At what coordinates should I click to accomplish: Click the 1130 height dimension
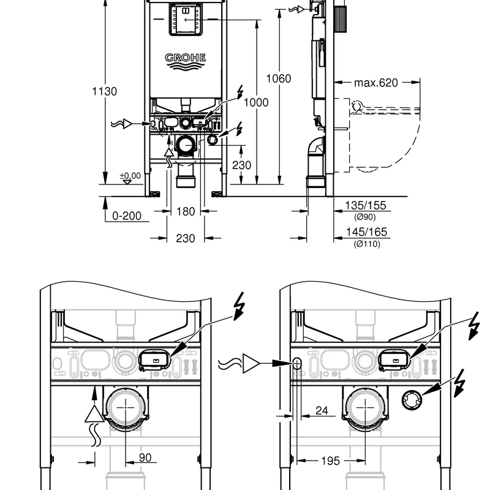click(104, 91)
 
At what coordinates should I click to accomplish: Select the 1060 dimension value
click(279, 78)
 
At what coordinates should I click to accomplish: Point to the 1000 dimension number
click(255, 102)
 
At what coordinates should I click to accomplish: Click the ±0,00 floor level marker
click(130, 176)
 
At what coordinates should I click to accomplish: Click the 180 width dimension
click(186, 212)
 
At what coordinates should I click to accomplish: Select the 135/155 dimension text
click(366, 206)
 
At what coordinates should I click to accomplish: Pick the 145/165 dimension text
click(366, 232)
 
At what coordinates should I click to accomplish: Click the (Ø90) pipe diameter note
click(365, 217)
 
